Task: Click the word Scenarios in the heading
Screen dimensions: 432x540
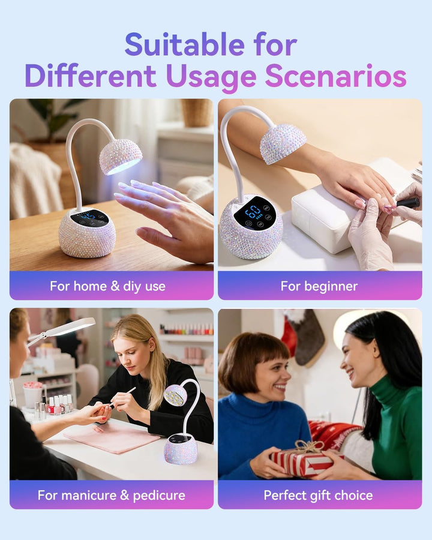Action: point(335,76)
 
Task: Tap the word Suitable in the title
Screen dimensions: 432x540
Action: point(184,44)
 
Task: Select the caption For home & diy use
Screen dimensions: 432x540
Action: point(107,286)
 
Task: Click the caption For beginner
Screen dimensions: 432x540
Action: point(319,286)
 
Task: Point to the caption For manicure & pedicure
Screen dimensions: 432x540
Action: point(111,495)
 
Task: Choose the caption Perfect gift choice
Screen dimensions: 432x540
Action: point(319,495)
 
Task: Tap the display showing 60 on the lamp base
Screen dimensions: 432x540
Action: point(255,212)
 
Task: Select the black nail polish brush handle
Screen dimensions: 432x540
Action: point(408,203)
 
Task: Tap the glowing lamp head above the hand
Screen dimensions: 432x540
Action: point(121,157)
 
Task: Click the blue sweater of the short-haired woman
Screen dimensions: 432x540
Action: point(262,437)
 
